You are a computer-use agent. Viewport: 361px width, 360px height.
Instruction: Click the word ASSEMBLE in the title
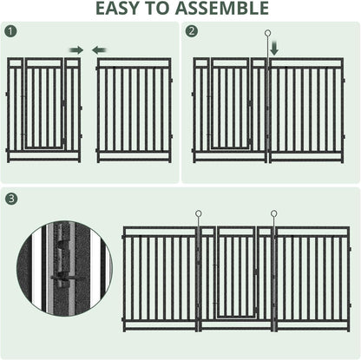point(221,10)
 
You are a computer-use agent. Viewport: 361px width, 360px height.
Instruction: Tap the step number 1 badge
point(10,32)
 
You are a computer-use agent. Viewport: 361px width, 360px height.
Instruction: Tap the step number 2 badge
point(192,32)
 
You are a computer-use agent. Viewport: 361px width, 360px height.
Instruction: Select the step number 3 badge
point(10,199)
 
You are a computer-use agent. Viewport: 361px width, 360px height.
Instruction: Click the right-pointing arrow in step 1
point(76,49)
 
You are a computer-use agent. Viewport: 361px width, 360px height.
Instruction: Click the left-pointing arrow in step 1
point(100,49)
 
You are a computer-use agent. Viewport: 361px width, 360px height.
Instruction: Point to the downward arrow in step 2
point(275,50)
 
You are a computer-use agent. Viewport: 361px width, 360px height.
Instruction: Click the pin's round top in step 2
point(269,34)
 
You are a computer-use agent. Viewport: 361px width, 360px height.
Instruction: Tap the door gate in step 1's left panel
point(44,106)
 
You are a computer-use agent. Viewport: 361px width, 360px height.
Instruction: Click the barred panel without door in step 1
point(134,110)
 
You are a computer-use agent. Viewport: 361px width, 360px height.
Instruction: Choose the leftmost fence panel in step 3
point(161,279)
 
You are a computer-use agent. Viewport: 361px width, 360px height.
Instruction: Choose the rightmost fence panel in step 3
point(312,279)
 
